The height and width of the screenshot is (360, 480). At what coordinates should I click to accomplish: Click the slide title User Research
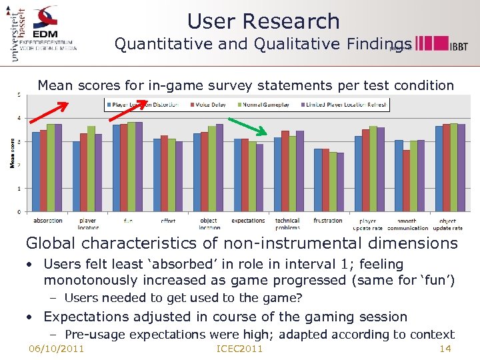(263, 21)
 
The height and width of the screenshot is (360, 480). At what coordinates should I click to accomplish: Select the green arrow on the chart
(247, 128)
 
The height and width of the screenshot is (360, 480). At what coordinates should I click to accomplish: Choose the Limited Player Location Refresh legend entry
(345, 105)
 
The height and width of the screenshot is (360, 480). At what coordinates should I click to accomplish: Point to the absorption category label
(48, 221)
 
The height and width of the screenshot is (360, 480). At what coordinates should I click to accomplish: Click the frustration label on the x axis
(327, 221)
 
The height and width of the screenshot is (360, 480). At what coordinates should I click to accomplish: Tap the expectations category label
(248, 221)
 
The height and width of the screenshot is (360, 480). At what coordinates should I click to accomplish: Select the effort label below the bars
(168, 221)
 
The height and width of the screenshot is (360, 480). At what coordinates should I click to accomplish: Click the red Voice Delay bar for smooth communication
(406, 181)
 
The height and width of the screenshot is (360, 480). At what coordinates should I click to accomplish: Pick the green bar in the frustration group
(333, 182)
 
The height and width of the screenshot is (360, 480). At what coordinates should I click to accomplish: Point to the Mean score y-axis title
(12, 153)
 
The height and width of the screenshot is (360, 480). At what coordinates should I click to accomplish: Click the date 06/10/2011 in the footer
(56, 349)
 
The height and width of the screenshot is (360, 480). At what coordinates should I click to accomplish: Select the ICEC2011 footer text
(240, 349)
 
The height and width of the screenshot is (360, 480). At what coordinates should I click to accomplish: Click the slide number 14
(446, 349)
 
